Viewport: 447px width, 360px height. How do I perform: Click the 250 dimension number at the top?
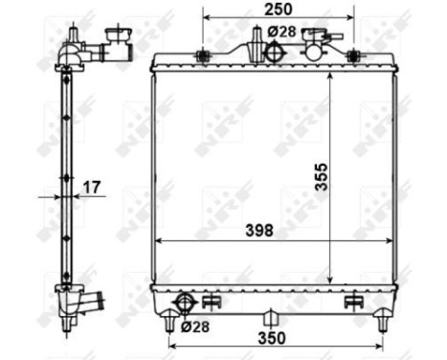click(x=278, y=9)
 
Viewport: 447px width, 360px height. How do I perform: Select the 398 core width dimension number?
click(x=257, y=231)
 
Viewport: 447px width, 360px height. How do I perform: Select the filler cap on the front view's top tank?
click(x=320, y=40)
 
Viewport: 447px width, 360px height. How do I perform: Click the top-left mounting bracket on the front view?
click(x=202, y=56)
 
